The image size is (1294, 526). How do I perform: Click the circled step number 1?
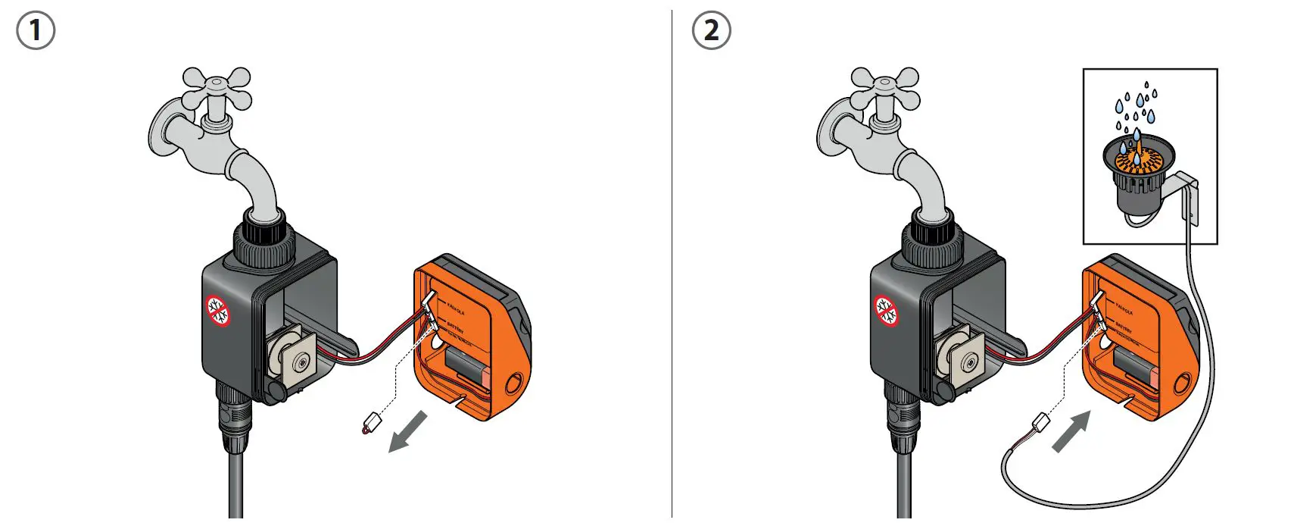35,31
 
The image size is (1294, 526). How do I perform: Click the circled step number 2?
711,31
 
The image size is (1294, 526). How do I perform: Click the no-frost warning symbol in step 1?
218,311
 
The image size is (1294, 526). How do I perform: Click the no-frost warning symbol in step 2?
887,311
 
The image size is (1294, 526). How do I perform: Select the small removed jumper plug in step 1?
372,422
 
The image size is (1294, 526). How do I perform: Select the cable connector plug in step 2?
1040,421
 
